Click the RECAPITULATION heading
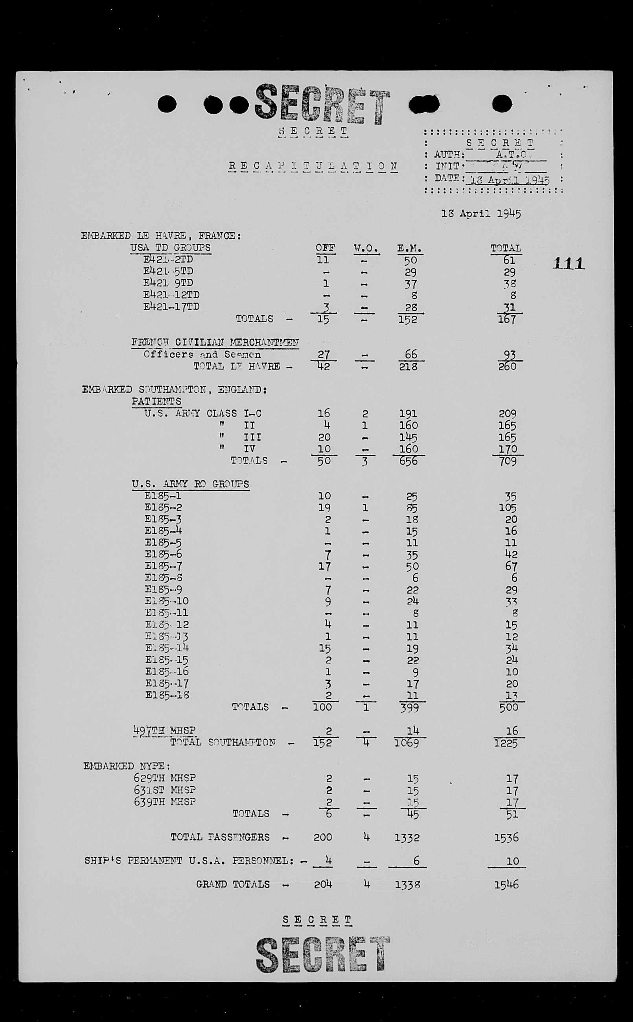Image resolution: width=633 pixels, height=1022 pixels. pos(313,167)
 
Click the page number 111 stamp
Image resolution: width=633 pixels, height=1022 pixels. pos(568,263)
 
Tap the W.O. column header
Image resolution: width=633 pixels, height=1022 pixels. pos(366,248)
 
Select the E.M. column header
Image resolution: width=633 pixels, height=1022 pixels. pos(409,248)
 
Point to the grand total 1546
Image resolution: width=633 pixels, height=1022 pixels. pos(506,884)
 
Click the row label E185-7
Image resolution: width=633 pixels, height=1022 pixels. pos(163,566)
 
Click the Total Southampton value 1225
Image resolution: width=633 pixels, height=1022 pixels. pos(506,743)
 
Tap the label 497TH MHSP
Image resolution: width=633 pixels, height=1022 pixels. pos(164,730)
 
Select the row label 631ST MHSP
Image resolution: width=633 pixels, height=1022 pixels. pos(164,790)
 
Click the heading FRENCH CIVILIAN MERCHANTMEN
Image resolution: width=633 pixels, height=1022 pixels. pos(215,342)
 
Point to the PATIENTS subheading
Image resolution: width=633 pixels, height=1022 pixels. pos(156,401)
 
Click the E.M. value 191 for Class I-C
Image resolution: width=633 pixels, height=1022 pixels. pos(408,414)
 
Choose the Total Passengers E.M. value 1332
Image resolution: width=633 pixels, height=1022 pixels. pos(407,837)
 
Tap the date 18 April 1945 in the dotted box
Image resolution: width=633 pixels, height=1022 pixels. pos(510,180)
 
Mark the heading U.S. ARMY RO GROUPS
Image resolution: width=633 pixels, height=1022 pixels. pos(190,484)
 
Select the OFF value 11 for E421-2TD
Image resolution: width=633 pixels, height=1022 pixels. pos(322,260)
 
